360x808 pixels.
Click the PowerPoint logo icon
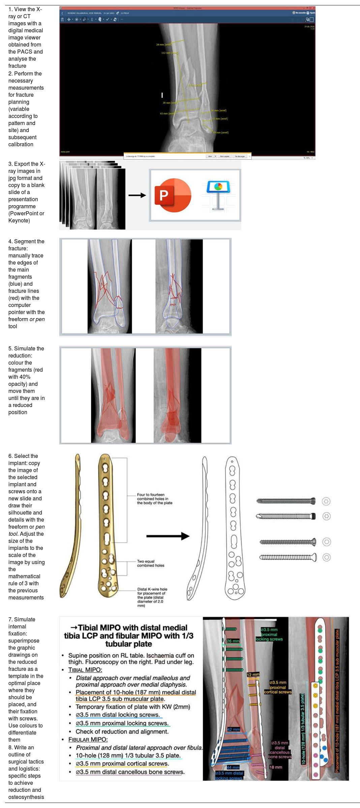click(173, 195)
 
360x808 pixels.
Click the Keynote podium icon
click(218, 195)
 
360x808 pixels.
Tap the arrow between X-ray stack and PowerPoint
click(137, 195)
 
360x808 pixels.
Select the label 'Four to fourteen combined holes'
click(154, 499)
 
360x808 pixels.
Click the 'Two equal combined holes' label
click(150, 563)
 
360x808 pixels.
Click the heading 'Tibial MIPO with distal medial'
click(129, 628)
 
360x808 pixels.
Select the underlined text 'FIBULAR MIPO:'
click(88, 740)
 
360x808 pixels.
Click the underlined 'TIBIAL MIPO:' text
click(85, 670)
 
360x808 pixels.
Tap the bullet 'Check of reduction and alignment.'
click(122, 732)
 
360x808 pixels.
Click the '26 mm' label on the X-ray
click(233, 641)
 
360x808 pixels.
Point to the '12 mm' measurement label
click(253, 675)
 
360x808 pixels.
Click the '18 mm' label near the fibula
click(276, 767)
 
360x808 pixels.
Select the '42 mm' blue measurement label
click(233, 729)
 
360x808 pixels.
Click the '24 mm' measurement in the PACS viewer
click(163, 44)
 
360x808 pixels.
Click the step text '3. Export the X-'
click(27, 164)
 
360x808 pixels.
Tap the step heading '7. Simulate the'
click(22, 619)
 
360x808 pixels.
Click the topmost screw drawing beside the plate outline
click(286, 501)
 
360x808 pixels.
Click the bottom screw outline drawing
click(288, 557)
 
